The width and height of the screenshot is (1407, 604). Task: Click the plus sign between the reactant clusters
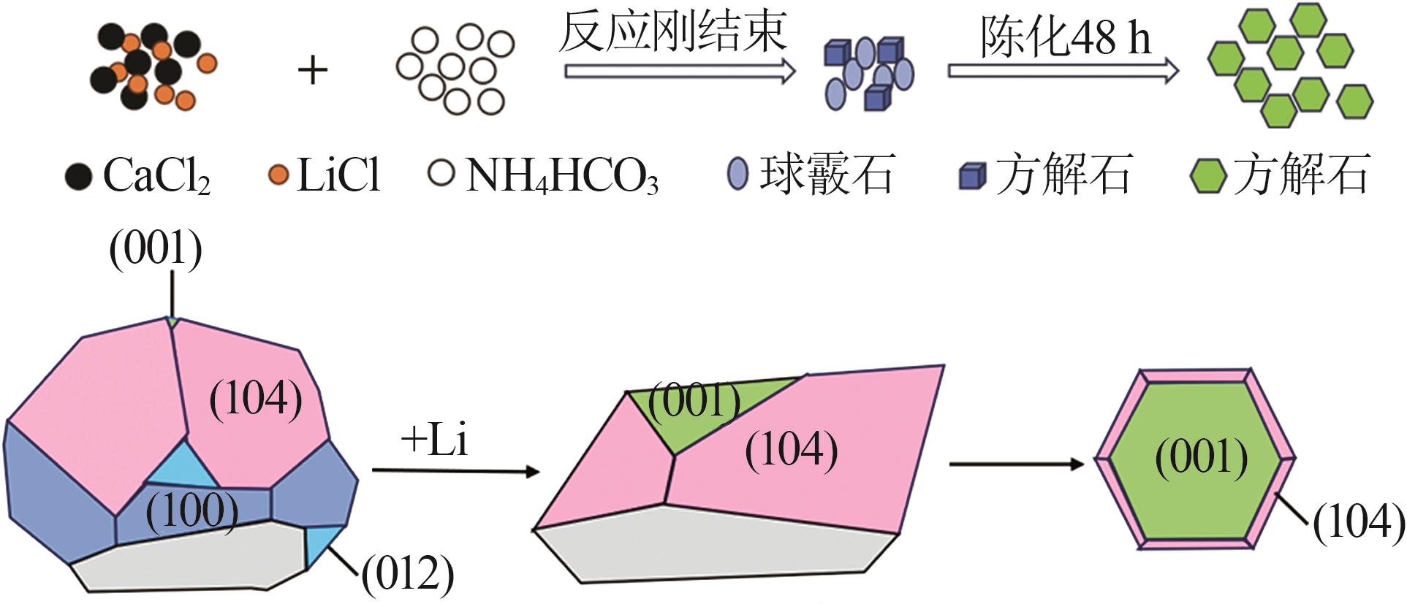click(313, 71)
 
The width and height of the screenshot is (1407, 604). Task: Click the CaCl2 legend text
click(156, 175)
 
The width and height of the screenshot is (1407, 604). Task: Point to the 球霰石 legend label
click(827, 175)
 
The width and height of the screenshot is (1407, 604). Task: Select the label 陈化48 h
click(1066, 37)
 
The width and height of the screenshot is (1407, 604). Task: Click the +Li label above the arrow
click(434, 440)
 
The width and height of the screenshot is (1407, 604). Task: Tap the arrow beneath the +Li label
click(455, 471)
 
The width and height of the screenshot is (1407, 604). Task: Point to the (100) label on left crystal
click(192, 511)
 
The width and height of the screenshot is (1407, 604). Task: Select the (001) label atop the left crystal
click(156, 249)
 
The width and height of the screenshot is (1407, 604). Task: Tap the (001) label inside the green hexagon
click(1202, 458)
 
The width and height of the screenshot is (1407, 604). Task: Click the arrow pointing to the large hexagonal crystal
click(1016, 464)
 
